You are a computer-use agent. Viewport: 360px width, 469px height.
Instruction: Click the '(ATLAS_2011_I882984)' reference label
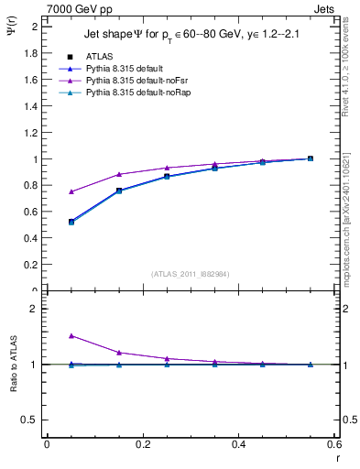tap(191, 274)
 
